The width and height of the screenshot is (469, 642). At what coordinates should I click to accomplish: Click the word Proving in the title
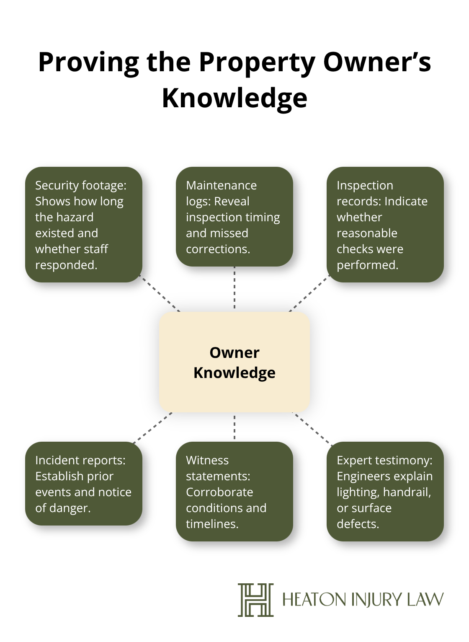[88, 63]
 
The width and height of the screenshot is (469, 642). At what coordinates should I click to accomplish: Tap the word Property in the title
[257, 63]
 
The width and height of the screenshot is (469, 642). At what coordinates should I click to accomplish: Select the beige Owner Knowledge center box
[234, 362]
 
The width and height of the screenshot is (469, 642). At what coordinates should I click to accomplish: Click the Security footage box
[84, 225]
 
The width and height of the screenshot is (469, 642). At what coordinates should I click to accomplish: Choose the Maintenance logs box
[234, 217]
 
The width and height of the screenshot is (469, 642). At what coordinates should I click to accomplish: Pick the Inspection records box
[385, 225]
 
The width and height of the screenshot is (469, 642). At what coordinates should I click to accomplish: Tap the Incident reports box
[84, 484]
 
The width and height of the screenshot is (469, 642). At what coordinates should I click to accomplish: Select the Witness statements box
[234, 492]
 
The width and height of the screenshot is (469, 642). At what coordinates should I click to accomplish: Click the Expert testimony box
[385, 492]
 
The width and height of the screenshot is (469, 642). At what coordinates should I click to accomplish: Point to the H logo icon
[256, 600]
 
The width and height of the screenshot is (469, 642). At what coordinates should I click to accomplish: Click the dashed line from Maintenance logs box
[234, 288]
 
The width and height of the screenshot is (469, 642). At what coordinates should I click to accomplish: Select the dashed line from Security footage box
[160, 293]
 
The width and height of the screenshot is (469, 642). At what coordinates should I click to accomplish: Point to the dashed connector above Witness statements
[234, 427]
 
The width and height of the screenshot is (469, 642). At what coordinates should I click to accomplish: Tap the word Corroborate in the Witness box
[219, 492]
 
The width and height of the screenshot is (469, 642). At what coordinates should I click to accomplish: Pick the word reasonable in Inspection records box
[367, 233]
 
